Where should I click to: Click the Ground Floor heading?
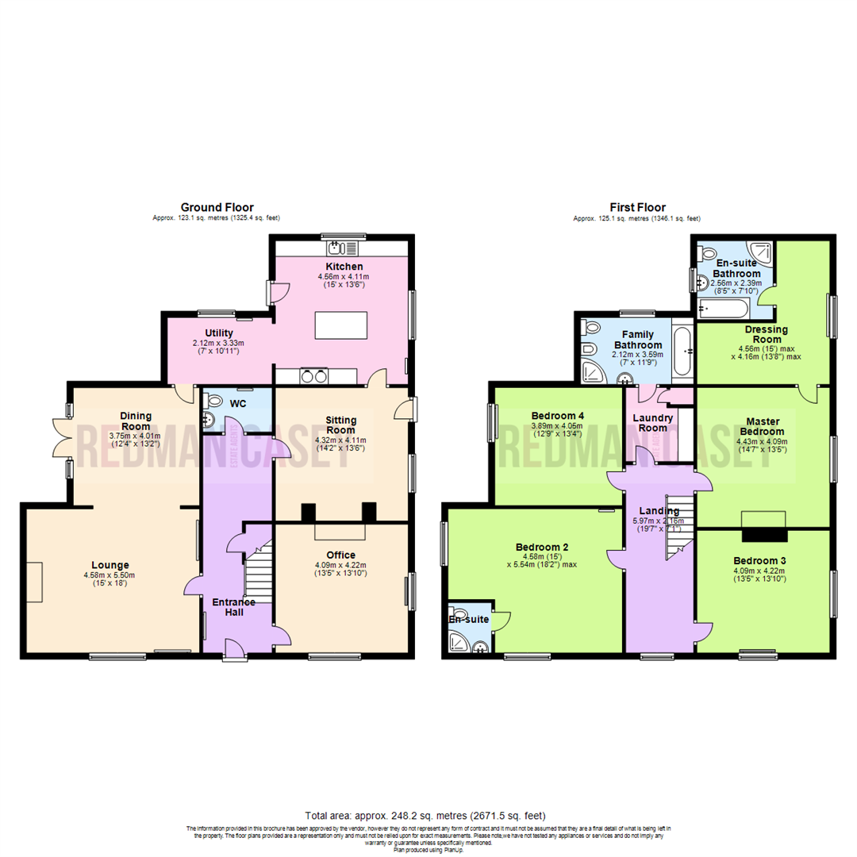tap(217, 207)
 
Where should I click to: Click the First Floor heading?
tap(638, 207)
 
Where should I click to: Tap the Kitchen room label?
tap(344, 266)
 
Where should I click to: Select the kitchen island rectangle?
tap(341, 325)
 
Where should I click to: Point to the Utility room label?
tap(218, 332)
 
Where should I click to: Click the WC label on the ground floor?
tap(238, 403)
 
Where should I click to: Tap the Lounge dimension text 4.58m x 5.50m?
tap(109, 575)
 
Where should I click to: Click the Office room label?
tap(340, 555)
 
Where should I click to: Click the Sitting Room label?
tap(341, 425)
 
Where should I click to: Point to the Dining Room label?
tap(136, 421)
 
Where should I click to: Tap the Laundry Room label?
tap(653, 422)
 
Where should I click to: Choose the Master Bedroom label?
tap(762, 426)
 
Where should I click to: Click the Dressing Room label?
tap(766, 334)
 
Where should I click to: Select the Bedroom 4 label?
tap(559, 415)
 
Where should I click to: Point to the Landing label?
tap(659, 510)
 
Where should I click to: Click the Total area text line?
tap(425, 816)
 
